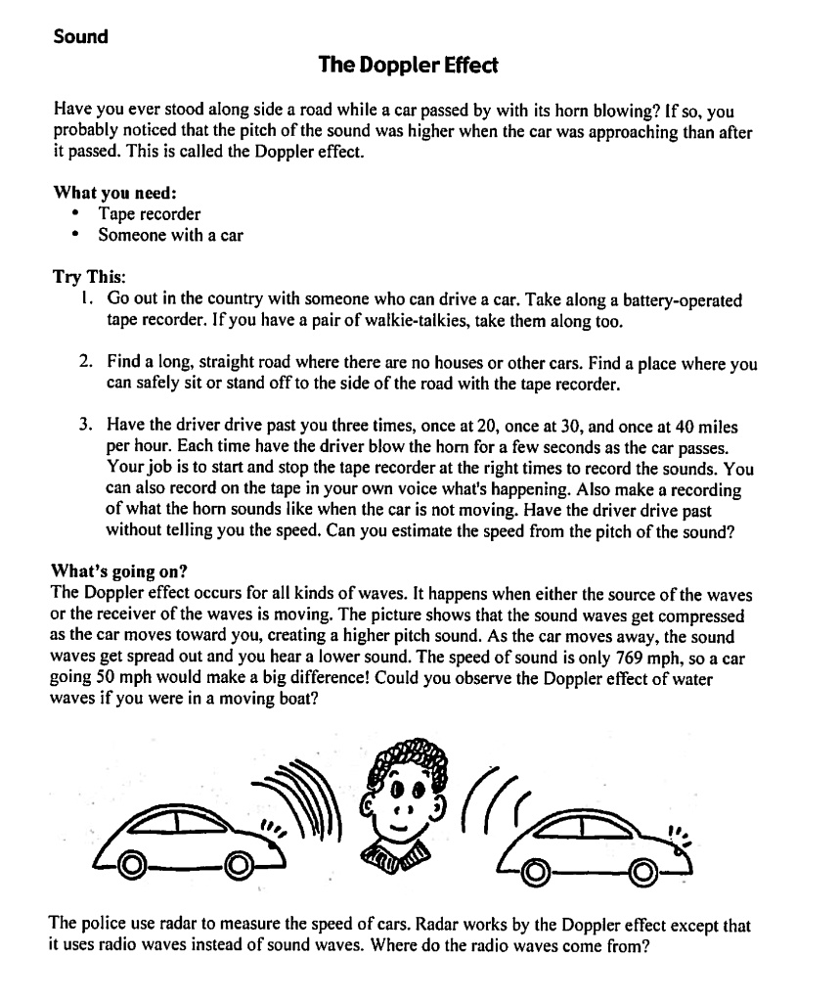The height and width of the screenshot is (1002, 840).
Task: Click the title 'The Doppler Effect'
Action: [x=408, y=66]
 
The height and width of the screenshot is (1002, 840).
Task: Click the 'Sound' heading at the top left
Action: [x=80, y=37]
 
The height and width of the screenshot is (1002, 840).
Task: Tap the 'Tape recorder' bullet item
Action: [x=149, y=213]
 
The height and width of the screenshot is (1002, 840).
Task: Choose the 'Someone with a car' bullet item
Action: [x=170, y=235]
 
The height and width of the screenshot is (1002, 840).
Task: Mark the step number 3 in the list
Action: [x=86, y=428]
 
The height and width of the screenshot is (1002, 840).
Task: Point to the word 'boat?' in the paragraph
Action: [x=296, y=701]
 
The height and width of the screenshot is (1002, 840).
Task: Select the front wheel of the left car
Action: [x=237, y=864]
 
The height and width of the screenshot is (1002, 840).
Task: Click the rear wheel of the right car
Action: [x=534, y=871]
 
